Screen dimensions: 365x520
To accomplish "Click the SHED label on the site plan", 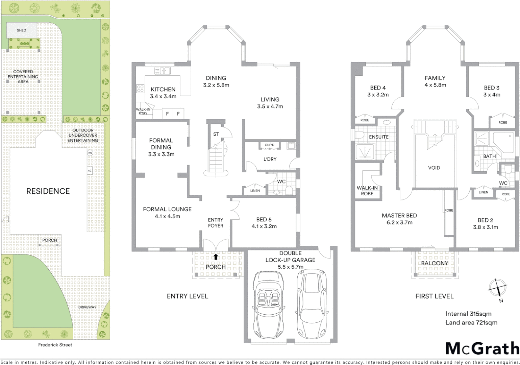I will coord(21,30).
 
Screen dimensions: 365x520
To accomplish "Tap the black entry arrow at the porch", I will coord(216,257).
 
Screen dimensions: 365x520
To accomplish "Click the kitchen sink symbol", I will coord(163,71).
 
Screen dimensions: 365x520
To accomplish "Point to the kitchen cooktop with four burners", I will coord(140,89).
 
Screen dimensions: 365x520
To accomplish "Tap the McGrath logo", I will coord(482,348).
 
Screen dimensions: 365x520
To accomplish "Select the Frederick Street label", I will coord(55,345).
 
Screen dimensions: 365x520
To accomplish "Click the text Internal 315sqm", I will coord(468,314).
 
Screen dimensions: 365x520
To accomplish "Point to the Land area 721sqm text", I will coord(471,322).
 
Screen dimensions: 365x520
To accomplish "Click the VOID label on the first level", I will coord(434,168).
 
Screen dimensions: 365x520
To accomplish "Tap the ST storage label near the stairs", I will coord(216,134).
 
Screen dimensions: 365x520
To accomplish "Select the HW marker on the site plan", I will coord(90,153).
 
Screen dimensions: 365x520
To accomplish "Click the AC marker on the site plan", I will coord(90,171).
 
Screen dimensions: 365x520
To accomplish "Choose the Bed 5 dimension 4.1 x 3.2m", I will coord(264,226).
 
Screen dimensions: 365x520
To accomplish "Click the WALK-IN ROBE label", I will coord(367,191).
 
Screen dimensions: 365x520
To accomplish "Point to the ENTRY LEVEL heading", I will coord(188,296).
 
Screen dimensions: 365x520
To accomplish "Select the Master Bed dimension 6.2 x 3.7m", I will coord(399,222).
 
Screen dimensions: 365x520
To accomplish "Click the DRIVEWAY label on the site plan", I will coord(87,307).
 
